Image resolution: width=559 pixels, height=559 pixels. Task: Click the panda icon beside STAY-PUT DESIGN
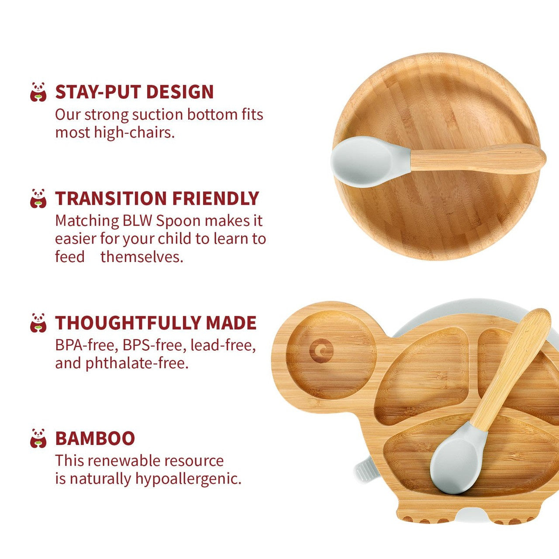(38, 92)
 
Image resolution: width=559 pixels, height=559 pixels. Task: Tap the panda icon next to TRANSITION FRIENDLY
(38, 198)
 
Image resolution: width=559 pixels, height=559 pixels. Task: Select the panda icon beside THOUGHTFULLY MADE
(38, 323)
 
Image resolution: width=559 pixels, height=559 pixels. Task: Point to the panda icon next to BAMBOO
(38, 438)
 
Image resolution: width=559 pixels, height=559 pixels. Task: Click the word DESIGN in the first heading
(179, 92)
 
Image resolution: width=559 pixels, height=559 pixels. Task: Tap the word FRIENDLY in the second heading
(215, 198)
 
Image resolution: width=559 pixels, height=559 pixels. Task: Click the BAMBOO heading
(95, 438)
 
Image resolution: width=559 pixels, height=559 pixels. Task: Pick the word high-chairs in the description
(135, 132)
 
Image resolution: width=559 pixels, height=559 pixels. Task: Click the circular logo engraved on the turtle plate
(321, 351)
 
